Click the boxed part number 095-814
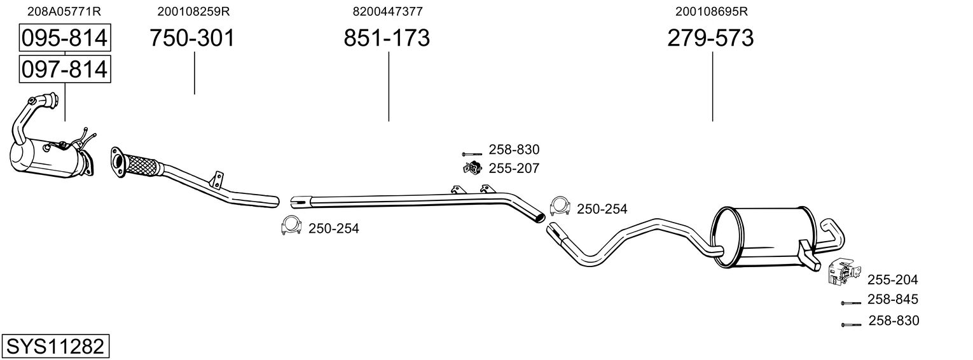tap(65, 38)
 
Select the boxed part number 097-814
tap(65, 69)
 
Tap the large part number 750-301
tap(192, 38)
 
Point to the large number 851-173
tap(387, 38)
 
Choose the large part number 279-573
tap(710, 38)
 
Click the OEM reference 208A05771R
tap(64, 11)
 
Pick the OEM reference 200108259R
tap(193, 11)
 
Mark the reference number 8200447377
tap(387, 11)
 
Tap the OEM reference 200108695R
tap(712, 11)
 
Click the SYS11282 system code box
tap(55, 346)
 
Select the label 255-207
tap(514, 168)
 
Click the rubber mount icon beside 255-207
tap(472, 168)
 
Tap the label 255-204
tap(893, 280)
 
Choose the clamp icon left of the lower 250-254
tap(291, 225)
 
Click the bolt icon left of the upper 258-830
tap(472, 154)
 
